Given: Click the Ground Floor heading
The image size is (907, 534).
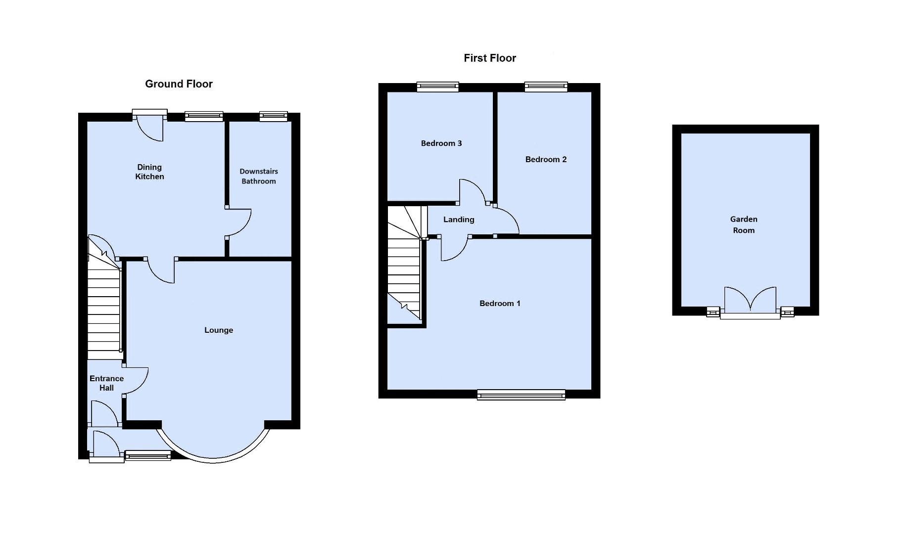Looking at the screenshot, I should tap(179, 84).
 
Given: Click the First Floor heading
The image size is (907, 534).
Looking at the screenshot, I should tap(489, 58).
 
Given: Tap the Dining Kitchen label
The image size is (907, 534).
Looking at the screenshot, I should tap(149, 172).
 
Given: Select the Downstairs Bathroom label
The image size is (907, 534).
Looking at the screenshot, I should tap(259, 177).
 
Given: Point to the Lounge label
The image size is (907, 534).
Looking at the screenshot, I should tap(218, 330).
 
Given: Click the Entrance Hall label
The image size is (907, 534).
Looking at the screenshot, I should tap(106, 383).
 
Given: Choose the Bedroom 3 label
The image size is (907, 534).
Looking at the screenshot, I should tap(441, 143).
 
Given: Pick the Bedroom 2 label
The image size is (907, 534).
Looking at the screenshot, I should tap(546, 159).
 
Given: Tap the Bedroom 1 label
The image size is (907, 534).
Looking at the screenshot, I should tap(500, 304).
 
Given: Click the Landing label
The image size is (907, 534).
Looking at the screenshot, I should tap(459, 220).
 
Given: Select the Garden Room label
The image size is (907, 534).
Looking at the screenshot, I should tap(743, 225).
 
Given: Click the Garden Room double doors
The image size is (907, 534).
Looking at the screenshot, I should tap(750, 301).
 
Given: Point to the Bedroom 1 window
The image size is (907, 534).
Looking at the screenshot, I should tap(521, 394).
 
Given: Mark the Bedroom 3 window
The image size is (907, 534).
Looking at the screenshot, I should tap(437, 87).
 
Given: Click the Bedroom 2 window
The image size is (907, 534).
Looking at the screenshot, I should tap(546, 87).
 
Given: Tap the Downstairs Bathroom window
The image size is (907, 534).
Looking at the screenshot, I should tap(273, 117).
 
